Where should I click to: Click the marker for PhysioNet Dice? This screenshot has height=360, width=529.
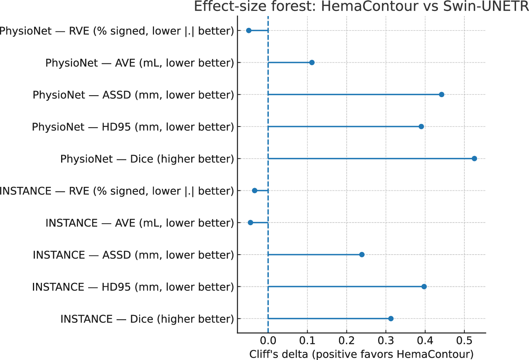pos(474,159)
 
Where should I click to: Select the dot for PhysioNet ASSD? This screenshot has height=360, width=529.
pos(442,94)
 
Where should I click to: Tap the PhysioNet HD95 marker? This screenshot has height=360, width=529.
pos(421,127)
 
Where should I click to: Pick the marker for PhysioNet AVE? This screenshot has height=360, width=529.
pos(312,63)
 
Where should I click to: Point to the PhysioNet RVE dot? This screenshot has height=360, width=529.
pos(248,31)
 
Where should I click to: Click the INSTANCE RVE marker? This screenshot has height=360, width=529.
pos(255,191)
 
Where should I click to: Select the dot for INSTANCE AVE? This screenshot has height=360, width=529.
pos(250,223)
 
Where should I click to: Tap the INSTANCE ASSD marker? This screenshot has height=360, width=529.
pos(362,255)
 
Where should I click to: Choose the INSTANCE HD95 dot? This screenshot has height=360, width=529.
pos(424,287)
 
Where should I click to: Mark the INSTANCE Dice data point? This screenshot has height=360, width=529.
pos(391,318)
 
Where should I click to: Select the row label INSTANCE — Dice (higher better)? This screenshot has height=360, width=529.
pos(147,319)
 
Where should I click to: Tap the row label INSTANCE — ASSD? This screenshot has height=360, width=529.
pos(133,255)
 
